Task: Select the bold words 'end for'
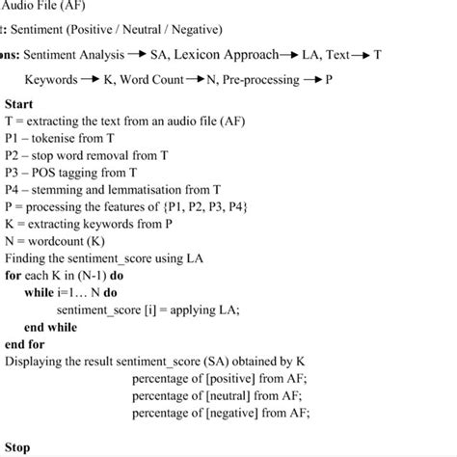[x=24, y=344]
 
